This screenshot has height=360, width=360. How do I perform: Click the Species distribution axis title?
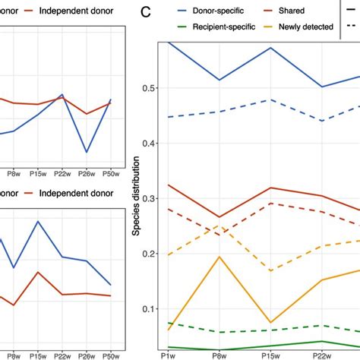tap(136, 197)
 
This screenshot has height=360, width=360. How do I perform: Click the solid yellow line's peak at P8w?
tap(219, 256)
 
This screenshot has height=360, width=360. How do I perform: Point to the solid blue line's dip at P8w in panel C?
tap(219, 80)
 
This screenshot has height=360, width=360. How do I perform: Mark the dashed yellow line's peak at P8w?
tap(219, 226)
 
